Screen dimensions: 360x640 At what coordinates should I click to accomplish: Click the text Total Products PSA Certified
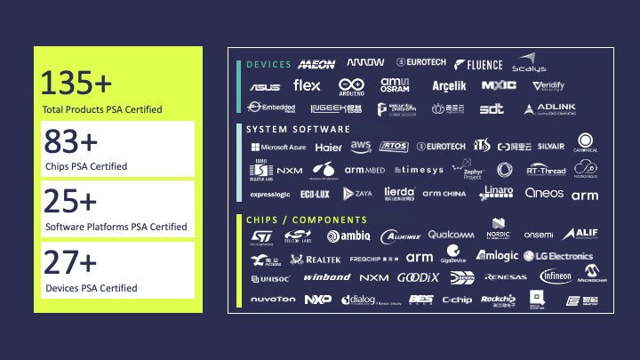[101, 110]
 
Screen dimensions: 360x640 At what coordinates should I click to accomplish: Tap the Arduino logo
[351, 86]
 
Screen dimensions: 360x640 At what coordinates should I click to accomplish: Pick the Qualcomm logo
[451, 235]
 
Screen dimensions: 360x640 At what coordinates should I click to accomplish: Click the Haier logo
[328, 148]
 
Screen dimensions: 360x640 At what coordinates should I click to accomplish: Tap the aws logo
[360, 146]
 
